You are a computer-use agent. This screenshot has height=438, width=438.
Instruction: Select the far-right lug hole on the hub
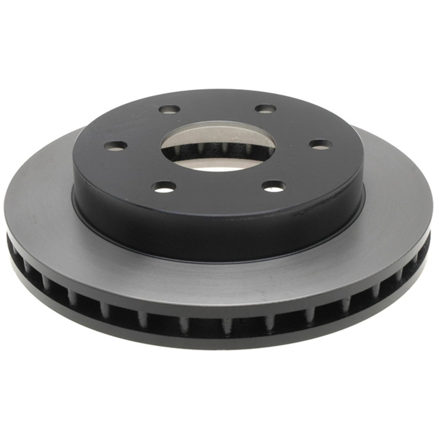[x=318, y=143]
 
